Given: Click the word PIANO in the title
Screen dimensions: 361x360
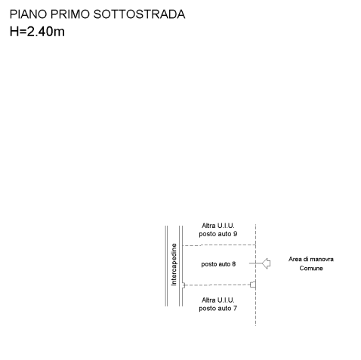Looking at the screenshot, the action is click(x=29, y=14).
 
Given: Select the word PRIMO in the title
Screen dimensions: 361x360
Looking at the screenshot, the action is click(x=70, y=14).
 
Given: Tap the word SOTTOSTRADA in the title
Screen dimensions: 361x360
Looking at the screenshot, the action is click(x=139, y=14).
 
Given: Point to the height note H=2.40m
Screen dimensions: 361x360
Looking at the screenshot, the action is click(x=37, y=32).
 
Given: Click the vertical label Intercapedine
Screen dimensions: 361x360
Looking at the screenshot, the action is click(x=174, y=264).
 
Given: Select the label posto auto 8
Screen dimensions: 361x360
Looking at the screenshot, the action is click(x=218, y=264).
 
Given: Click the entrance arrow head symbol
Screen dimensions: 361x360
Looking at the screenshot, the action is click(x=266, y=263).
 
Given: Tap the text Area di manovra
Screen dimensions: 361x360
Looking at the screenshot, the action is click(x=311, y=259).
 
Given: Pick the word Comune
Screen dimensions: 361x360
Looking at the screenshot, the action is click(x=311, y=268).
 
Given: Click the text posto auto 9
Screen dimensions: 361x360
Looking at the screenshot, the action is click(x=218, y=234).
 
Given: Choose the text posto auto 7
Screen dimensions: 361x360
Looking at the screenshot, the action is click(x=218, y=309).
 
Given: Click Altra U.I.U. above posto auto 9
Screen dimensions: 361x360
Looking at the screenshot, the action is click(x=218, y=226).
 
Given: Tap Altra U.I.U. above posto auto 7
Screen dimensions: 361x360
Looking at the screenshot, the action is click(x=218, y=300).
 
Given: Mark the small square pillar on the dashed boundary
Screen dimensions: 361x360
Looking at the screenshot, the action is click(x=253, y=285).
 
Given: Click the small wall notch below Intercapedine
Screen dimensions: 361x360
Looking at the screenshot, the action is click(x=184, y=285).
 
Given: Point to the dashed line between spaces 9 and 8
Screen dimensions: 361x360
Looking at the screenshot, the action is click(x=219, y=245).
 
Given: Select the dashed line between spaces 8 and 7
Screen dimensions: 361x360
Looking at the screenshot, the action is click(x=218, y=285).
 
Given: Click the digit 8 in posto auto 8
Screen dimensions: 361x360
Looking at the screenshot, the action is click(x=234, y=264).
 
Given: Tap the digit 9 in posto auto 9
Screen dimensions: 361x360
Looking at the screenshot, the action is click(x=235, y=234).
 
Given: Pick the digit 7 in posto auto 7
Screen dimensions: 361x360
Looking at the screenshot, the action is click(x=235, y=308).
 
